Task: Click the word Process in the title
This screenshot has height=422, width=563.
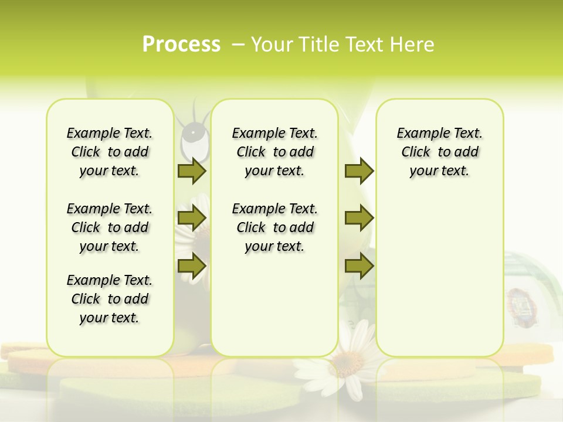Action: coord(181,45)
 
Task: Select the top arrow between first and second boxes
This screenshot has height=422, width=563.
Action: coord(191,171)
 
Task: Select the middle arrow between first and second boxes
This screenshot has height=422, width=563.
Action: coord(191,218)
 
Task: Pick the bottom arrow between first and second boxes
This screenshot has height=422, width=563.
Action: coord(191,266)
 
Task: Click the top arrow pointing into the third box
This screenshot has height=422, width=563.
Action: coord(359,171)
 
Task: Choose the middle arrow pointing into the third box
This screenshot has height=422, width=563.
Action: coord(359,218)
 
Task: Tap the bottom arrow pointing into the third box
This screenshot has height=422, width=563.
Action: coord(359,266)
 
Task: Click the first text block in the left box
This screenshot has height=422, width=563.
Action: coord(110,152)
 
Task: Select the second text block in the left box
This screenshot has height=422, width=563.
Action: coord(110,227)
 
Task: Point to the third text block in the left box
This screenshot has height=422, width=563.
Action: coord(110,299)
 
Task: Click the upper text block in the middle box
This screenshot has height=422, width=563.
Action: coord(274,152)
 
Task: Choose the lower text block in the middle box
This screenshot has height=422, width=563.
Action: coord(274,227)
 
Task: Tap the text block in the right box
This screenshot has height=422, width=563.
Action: coord(439,152)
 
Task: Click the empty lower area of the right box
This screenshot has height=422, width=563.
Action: coord(439,281)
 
